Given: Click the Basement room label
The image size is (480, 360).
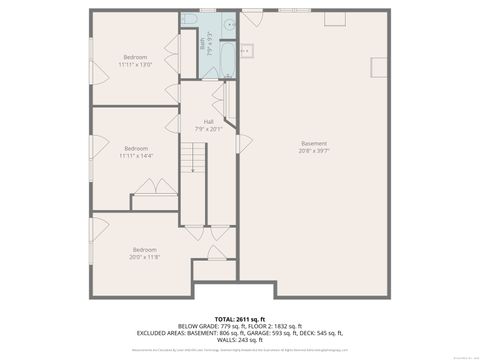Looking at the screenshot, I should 314,143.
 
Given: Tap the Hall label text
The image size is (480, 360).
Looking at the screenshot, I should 208,121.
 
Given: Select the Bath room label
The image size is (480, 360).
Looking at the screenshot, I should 203,44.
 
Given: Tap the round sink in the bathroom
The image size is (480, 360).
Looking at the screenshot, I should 228,22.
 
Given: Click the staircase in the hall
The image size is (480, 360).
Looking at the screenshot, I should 192,160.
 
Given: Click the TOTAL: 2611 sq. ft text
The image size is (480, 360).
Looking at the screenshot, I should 240,318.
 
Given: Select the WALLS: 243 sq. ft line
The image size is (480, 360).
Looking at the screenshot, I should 240,340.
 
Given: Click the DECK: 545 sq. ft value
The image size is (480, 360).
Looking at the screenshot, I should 326,333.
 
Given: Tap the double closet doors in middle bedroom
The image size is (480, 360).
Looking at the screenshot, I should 155,187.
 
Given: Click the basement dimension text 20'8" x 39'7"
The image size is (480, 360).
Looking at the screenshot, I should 314,151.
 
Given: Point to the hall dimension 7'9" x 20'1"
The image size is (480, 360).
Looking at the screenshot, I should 208,128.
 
